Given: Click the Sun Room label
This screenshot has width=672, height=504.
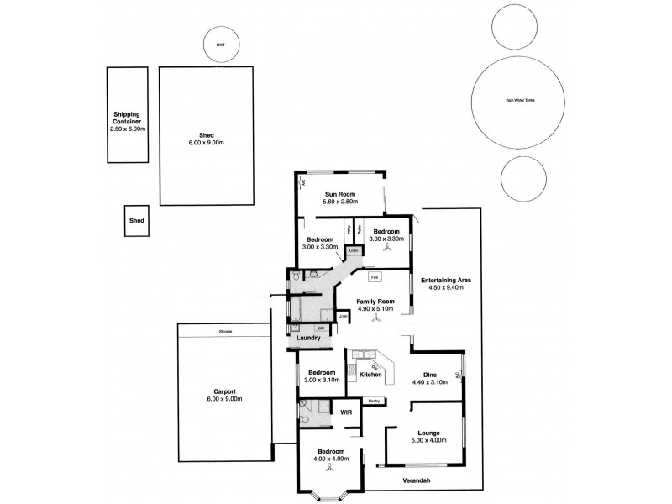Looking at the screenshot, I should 341,193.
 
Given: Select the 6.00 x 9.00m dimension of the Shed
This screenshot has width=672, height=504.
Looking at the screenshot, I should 206,143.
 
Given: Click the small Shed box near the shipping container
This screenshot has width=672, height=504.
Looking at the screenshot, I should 136,221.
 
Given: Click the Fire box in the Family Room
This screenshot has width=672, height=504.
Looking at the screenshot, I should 375,276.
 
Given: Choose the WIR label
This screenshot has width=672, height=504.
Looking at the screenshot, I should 345,412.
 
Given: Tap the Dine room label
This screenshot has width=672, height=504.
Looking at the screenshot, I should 429,375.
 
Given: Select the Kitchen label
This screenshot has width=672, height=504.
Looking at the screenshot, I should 370,373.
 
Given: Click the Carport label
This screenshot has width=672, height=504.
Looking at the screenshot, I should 223,391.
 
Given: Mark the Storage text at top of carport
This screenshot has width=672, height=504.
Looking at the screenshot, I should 225,333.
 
